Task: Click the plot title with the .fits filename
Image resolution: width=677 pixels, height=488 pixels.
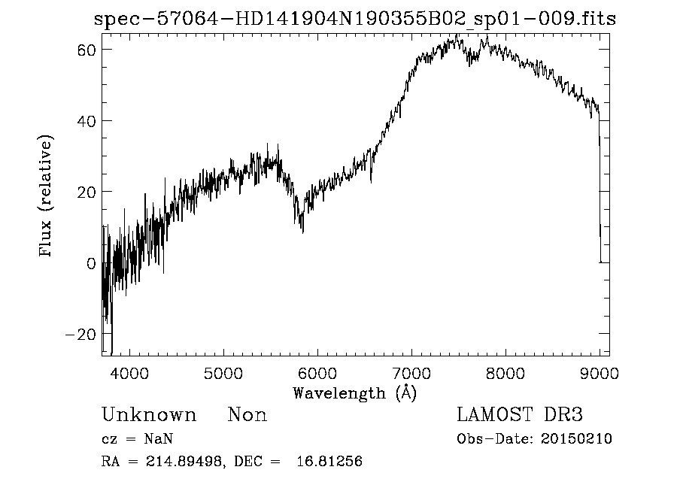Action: click(x=355, y=19)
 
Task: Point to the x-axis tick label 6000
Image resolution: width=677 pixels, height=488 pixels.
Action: click(x=317, y=371)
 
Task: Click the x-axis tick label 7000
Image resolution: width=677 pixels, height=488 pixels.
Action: click(x=411, y=371)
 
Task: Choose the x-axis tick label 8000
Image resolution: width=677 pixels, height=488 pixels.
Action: click(x=505, y=371)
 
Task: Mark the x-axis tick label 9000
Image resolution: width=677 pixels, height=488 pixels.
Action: click(x=600, y=371)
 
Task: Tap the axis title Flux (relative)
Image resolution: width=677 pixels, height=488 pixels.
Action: click(x=47, y=197)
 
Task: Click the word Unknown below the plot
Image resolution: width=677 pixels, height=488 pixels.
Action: click(x=149, y=415)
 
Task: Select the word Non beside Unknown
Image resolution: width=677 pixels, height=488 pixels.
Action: click(x=247, y=415)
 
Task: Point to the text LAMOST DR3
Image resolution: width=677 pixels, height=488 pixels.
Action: click(x=520, y=415)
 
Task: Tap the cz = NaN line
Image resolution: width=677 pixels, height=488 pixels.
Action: click(x=139, y=439)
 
